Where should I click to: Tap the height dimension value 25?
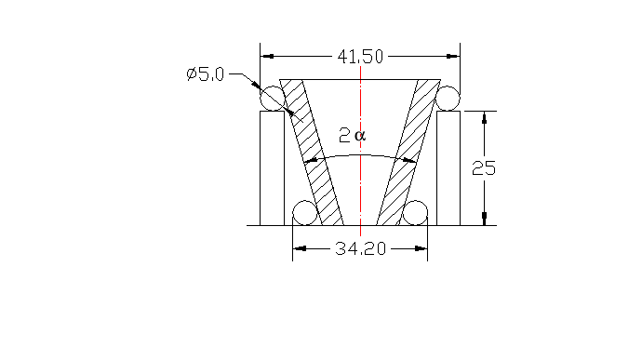(x=484, y=168)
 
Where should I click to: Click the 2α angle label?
(x=353, y=136)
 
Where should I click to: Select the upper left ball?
(x=272, y=98)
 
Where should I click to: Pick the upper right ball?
(x=448, y=98)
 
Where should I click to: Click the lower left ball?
(x=304, y=213)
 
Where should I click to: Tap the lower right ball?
(x=415, y=213)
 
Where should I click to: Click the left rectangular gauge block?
(x=272, y=167)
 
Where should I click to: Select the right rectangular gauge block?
(x=448, y=167)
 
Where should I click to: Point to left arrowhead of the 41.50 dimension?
(x=265, y=57)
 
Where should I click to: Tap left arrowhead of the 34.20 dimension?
(x=298, y=248)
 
